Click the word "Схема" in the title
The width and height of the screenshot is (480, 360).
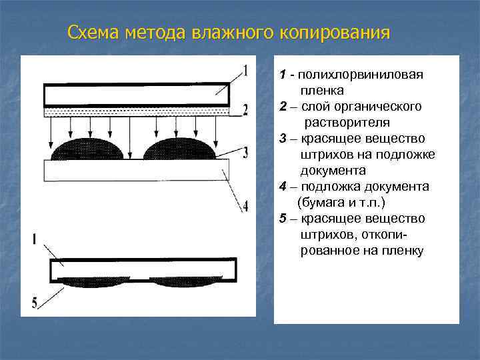[x=93, y=33]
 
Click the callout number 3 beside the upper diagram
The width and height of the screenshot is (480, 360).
[x=245, y=153]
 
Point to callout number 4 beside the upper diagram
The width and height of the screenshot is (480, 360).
[x=245, y=205]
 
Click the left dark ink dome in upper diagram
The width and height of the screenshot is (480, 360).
[x=89, y=149]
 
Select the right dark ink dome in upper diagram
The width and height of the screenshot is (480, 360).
[x=179, y=149]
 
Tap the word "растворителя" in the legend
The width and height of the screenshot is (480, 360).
[x=347, y=123]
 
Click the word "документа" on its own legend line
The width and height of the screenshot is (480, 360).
[x=328, y=171]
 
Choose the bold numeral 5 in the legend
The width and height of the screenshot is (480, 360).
[x=283, y=219]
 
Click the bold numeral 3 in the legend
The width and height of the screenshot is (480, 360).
[x=283, y=139]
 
